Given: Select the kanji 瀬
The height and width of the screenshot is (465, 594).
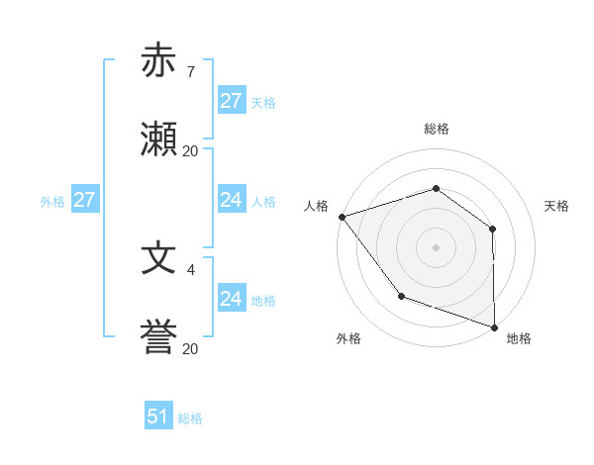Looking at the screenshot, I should tap(159, 139).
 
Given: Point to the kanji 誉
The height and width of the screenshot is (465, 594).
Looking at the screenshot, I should tap(159, 337).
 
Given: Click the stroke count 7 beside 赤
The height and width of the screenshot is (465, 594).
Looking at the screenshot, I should tap(190, 72).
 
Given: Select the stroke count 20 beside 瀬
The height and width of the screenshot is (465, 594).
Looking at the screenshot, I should tap(190, 151).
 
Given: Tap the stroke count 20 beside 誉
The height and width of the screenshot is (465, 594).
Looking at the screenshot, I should tap(190, 349).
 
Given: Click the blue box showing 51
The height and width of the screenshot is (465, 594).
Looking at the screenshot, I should tap(158, 417).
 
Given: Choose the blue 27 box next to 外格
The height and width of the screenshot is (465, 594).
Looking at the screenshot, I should tap(84, 200).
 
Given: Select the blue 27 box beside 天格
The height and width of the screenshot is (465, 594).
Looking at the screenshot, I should tap(231, 101).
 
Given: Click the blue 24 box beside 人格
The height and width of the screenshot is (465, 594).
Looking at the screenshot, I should tap(231, 200).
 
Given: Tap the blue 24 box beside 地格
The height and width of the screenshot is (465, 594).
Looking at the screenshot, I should tap(231, 299).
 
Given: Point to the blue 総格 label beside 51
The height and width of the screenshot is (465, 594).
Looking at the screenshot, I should tap(190, 418).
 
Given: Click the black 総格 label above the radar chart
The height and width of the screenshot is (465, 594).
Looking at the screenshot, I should tap(436, 130).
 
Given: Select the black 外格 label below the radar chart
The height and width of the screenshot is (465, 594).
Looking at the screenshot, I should tap(348, 338).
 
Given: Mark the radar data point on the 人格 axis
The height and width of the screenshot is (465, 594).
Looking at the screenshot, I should tap(342, 217).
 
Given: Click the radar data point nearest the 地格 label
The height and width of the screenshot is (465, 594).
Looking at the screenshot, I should tap(494, 326).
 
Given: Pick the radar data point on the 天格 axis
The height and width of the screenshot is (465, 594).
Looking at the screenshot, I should tap(493, 229).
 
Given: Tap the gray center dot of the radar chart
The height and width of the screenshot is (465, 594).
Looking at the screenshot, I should tap(436, 246).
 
